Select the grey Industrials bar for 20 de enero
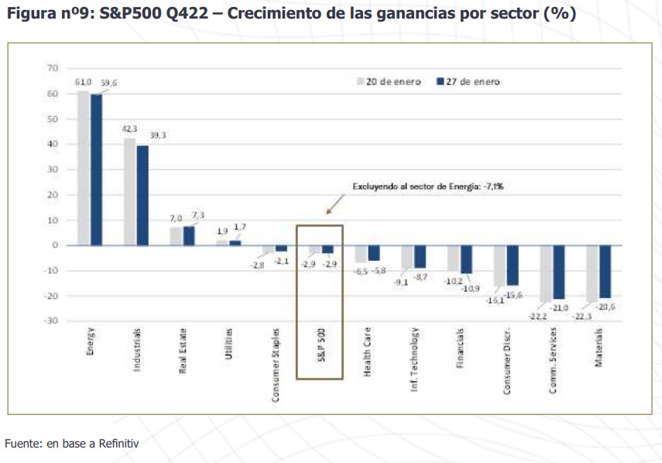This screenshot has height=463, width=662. click(129, 191)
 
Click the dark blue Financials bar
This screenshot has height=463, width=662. click(466, 259)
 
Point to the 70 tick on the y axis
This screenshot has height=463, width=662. click(53, 68)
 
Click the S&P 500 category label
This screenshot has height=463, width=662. click(320, 354)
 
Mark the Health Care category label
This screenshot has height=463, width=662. click(367, 358)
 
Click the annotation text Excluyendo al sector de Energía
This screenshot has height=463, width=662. click(434, 187)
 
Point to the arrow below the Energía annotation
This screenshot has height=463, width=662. click(334, 204)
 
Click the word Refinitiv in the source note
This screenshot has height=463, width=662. click(117, 443)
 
